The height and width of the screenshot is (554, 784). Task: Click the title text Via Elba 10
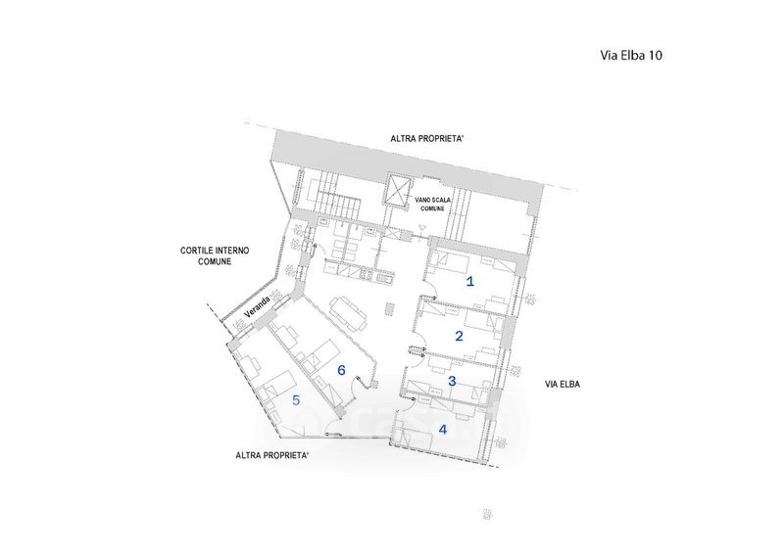[x=630, y=56]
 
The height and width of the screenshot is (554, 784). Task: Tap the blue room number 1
[x=470, y=282]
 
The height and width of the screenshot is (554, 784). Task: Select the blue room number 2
[x=459, y=335]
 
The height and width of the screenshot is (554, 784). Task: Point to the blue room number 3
[x=452, y=381]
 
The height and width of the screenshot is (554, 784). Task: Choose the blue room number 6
[x=341, y=370]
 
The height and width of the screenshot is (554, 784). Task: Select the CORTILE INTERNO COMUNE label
[x=215, y=256]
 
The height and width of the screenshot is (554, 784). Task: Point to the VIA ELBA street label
[x=563, y=385]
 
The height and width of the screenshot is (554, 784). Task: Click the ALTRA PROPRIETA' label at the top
[x=426, y=140]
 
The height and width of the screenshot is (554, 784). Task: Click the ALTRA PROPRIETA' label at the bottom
[x=273, y=455]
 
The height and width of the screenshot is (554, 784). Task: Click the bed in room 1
[x=451, y=263]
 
